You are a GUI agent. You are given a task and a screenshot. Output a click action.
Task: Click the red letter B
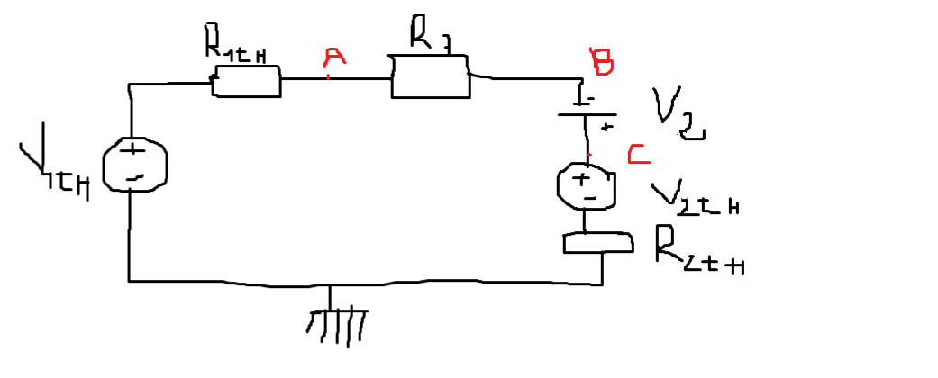coord(601,60)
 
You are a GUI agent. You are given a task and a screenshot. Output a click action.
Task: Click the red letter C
coord(639,155)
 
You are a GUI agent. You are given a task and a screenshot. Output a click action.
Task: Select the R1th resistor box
coord(246,84)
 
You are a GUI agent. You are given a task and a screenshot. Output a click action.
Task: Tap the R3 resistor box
coord(430,76)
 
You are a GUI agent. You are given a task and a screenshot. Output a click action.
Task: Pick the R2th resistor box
coord(597,243)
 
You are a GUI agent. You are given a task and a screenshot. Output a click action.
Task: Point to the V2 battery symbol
coord(587,114)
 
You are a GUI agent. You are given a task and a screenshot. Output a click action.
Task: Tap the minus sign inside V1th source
coord(133,179)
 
